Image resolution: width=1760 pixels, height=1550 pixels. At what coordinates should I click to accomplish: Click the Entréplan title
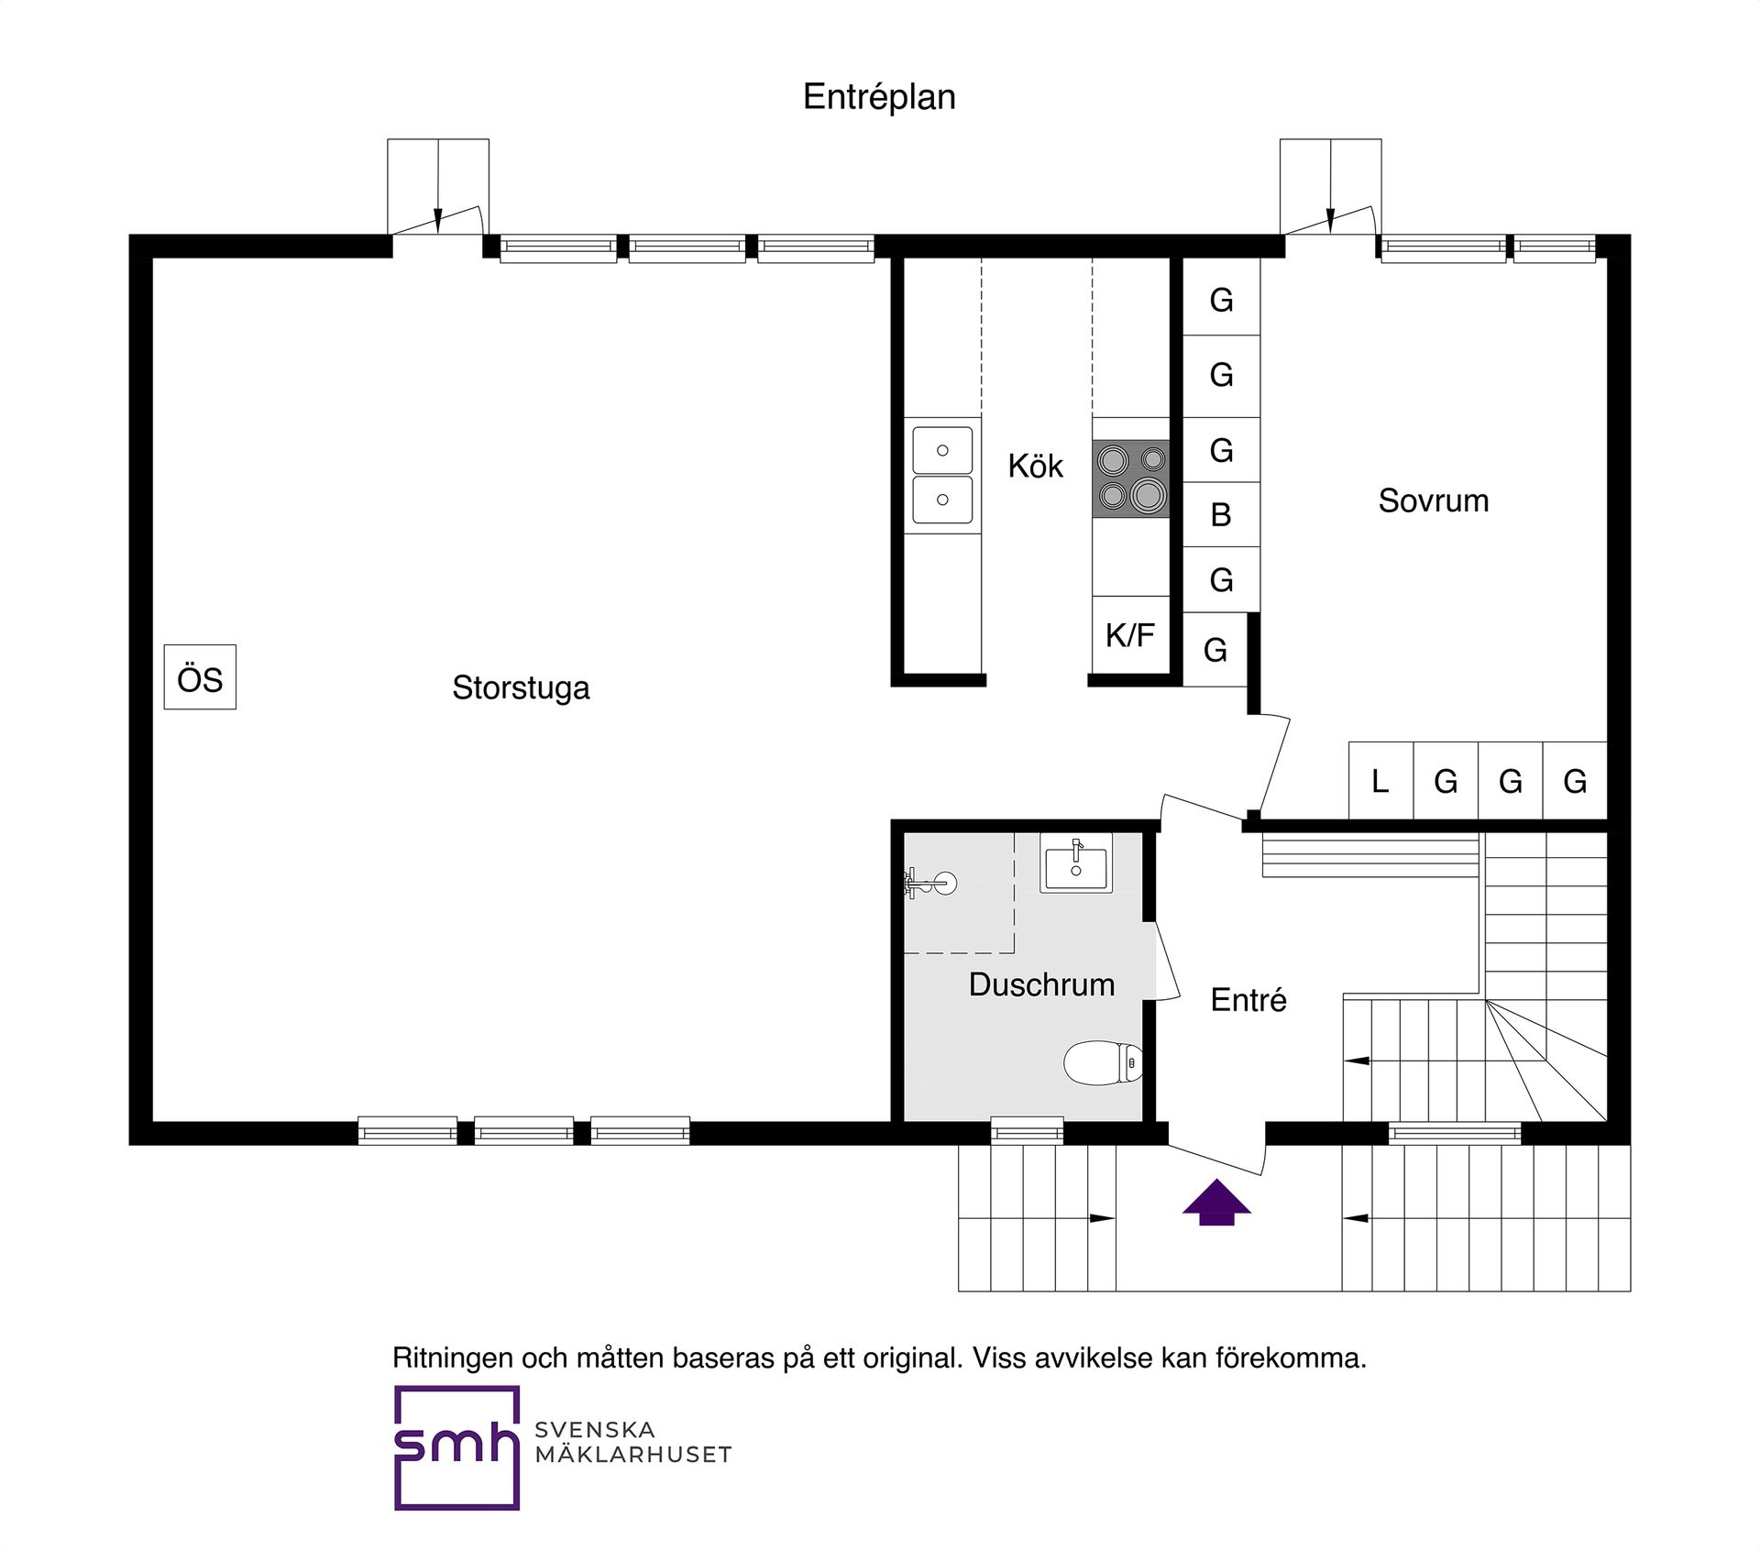[x=879, y=97]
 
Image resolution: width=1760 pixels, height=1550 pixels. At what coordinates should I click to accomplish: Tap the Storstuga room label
[x=521, y=687]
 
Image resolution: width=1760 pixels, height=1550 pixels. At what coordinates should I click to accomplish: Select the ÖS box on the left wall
[x=200, y=677]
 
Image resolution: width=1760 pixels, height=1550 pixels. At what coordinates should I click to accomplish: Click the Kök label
[x=1035, y=466]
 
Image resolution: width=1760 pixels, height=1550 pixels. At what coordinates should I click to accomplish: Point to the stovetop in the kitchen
[x=1131, y=478]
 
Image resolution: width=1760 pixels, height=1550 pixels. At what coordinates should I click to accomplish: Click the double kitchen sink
[x=942, y=475]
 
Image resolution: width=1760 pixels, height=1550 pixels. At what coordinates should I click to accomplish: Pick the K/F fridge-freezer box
[x=1130, y=634]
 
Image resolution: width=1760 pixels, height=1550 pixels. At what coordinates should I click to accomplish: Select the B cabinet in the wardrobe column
[x=1221, y=515]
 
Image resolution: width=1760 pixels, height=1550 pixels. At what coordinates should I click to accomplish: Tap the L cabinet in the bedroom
[x=1380, y=781]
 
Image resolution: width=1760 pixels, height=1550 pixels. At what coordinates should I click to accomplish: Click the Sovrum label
[x=1434, y=500]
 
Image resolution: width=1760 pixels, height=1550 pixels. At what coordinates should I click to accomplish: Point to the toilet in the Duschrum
[x=1103, y=1062]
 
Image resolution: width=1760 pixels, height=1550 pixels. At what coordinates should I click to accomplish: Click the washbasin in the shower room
[x=1076, y=863]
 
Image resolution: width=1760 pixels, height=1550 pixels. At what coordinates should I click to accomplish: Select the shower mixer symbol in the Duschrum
[x=929, y=884]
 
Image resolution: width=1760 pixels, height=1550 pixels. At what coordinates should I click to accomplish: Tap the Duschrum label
[x=1042, y=984]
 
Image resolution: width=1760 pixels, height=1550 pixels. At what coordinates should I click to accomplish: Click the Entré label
[x=1248, y=1000]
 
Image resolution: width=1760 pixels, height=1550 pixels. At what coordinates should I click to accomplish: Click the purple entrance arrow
[x=1216, y=1202]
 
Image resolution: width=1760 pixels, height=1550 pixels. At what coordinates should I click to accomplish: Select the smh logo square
[x=456, y=1446]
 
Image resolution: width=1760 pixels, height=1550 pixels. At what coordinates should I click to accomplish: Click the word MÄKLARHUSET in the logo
[x=633, y=1455]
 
